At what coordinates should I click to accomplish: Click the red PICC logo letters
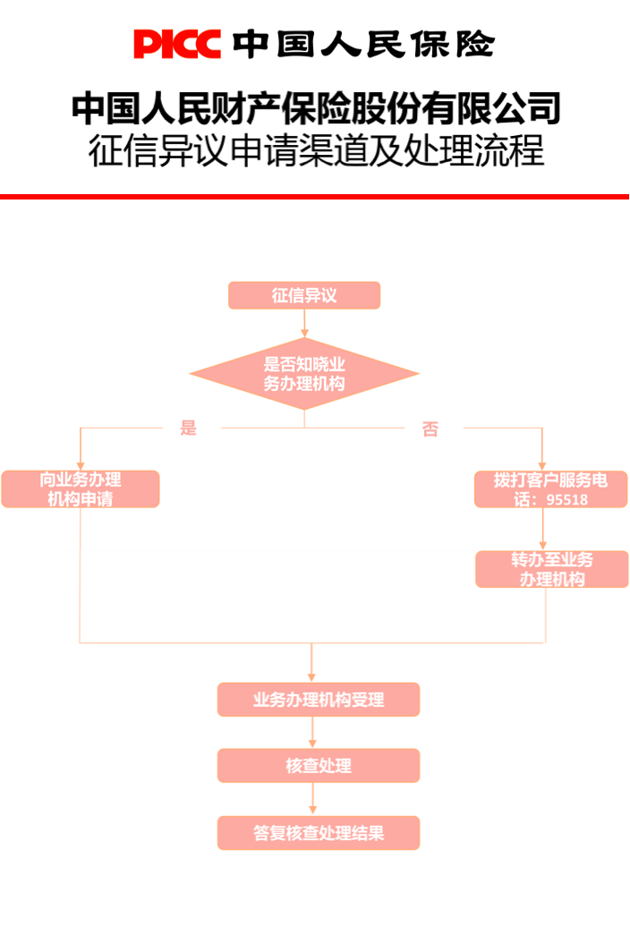[177, 44]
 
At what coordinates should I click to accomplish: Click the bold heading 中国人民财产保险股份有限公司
[315, 108]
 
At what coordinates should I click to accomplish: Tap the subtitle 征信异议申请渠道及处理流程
[315, 151]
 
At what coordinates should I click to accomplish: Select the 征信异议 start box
[304, 295]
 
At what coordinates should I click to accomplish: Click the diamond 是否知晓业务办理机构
[304, 374]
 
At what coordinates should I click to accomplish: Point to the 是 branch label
[188, 428]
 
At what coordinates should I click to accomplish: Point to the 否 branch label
[430, 429]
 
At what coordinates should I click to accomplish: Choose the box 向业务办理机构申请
[81, 489]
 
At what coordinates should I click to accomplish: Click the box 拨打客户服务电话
[551, 481]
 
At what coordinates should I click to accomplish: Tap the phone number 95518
[566, 500]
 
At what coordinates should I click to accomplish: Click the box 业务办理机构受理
[319, 700]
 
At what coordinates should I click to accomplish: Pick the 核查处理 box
[319, 766]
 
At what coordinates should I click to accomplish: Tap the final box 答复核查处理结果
[319, 833]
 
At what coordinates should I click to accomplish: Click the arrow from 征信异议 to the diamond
[304, 323]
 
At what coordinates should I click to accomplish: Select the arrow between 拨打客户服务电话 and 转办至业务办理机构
[542, 529]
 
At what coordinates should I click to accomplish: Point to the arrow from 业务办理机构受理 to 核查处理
[312, 733]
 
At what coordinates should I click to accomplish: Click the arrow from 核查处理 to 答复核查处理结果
[312, 799]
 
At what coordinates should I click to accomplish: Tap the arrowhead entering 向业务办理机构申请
[81, 465]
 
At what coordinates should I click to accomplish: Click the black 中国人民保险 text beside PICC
[362, 44]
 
